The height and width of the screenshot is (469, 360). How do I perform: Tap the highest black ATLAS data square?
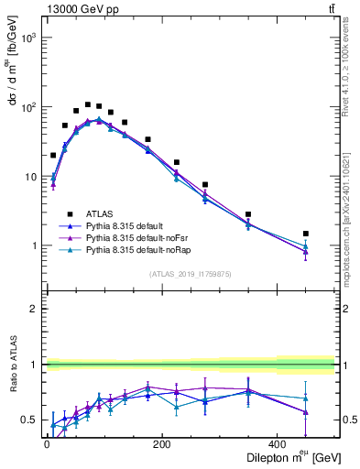click(x=88, y=104)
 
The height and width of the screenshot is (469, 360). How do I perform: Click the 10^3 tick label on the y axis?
click(x=27, y=38)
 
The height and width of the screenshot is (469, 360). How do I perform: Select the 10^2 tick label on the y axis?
click(x=27, y=107)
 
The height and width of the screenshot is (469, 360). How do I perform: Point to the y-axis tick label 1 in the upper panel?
click(x=32, y=246)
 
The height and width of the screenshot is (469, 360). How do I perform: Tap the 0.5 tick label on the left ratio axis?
click(x=28, y=420)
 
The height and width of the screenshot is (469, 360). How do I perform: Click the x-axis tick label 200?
click(x=161, y=444)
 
